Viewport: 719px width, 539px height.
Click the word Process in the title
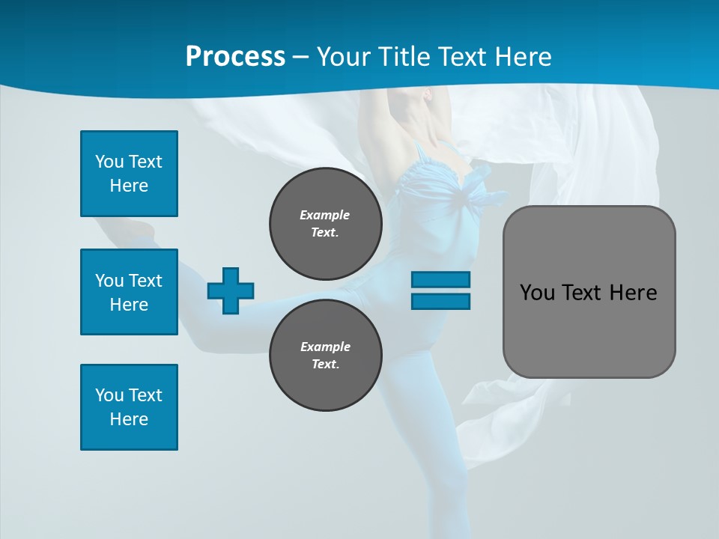[x=235, y=56]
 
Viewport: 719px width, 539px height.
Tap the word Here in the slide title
[x=521, y=56]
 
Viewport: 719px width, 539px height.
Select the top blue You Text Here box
[x=129, y=174]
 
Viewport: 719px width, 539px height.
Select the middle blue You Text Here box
[x=129, y=292]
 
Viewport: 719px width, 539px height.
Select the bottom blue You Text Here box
[x=129, y=407]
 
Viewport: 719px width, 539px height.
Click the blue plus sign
[x=231, y=290]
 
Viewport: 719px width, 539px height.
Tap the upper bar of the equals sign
[x=440, y=280]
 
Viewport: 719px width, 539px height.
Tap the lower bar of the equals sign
[x=440, y=301]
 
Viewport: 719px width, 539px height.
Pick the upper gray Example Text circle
[x=325, y=223]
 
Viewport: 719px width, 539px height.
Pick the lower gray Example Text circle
[x=325, y=355]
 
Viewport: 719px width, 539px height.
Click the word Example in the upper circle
[x=325, y=215]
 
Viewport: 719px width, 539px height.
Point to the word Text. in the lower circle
[x=325, y=365]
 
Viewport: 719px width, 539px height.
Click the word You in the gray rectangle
[x=536, y=293]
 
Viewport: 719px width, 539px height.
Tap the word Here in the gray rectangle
[x=633, y=293]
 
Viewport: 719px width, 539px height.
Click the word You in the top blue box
[x=108, y=162]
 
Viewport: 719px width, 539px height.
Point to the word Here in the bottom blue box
[x=129, y=419]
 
